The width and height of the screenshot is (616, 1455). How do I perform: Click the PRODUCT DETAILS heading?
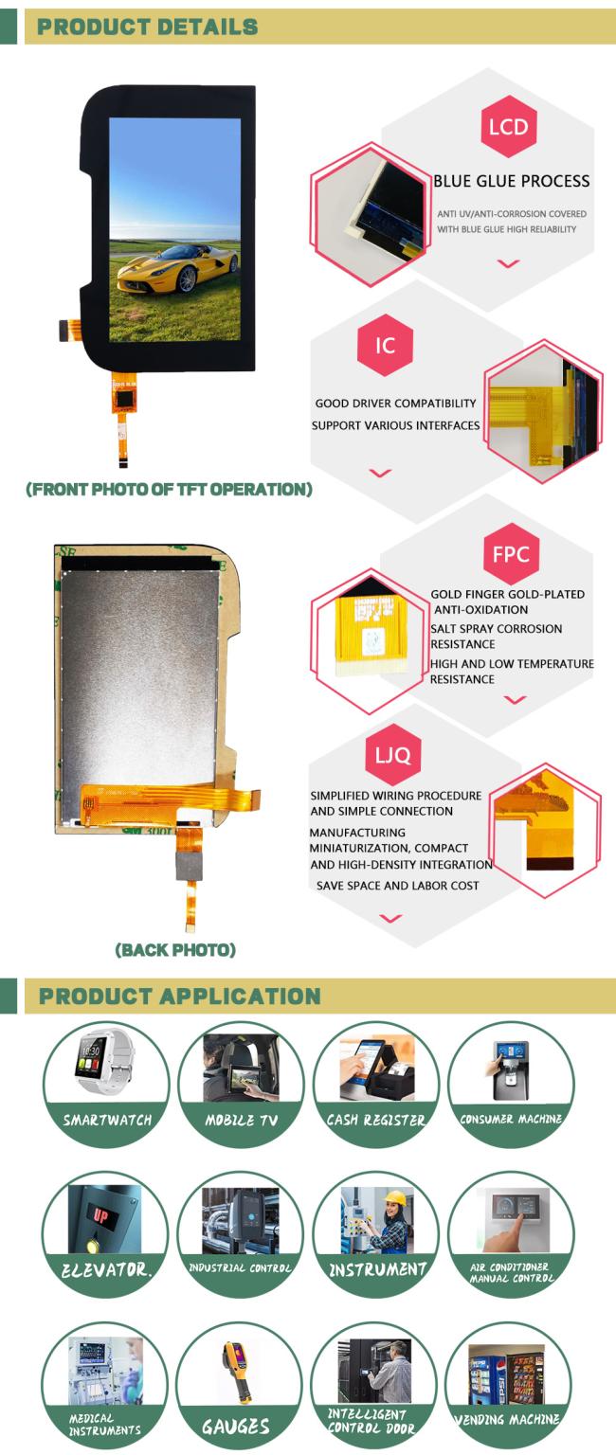tap(148, 27)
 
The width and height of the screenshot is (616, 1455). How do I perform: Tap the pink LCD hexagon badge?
tap(508, 126)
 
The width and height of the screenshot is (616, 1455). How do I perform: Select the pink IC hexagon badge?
tap(386, 345)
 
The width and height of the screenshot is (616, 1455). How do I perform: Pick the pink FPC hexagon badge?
tap(512, 554)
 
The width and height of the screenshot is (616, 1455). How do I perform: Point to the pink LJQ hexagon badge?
tap(393, 755)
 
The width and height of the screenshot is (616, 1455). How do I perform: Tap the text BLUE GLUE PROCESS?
tap(512, 181)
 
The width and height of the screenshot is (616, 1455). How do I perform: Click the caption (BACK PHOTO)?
tap(175, 950)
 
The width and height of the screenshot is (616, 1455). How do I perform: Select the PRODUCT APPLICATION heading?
tap(179, 996)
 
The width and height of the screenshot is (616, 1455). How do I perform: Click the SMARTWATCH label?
tap(107, 1120)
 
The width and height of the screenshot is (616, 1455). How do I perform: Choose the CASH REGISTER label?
tap(375, 1120)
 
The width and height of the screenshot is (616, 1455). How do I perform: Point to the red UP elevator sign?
tap(100, 1214)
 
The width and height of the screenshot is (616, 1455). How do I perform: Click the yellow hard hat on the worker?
tap(395, 1198)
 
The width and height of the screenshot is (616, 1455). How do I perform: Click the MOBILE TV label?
tap(241, 1120)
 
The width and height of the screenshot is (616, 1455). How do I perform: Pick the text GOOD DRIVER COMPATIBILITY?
tap(396, 404)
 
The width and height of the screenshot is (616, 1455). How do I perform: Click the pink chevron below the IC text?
tap(380, 473)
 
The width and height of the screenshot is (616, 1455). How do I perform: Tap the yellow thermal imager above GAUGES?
tap(237, 1372)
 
